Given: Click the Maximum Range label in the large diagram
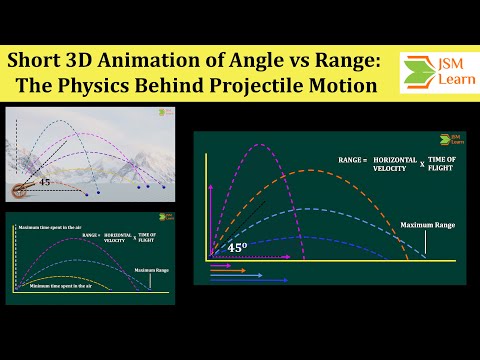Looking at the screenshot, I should pos(427,224).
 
